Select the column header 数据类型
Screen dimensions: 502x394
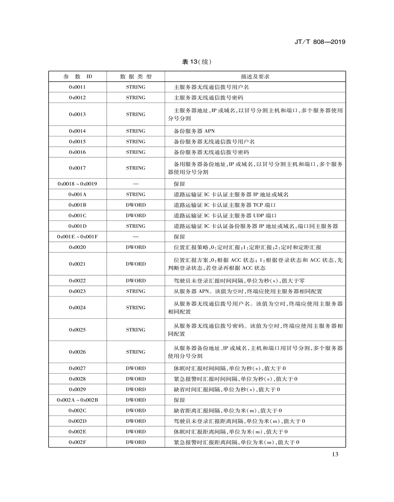[x=135, y=77]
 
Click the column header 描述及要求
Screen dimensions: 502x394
[x=255, y=77]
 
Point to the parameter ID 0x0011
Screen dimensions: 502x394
[x=77, y=87]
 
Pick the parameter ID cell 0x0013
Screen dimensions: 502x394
[x=77, y=114]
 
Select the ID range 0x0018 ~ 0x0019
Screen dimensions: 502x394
[x=77, y=184]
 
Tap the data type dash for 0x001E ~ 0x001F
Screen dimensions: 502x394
[x=135, y=237]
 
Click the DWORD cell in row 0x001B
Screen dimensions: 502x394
[x=135, y=205]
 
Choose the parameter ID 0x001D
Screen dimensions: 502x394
[x=77, y=226]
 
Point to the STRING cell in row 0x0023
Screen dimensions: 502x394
[x=135, y=291]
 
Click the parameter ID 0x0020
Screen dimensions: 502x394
[x=77, y=247]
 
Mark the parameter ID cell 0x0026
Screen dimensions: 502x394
[x=77, y=352]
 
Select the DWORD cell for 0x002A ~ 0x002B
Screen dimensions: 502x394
[x=135, y=400]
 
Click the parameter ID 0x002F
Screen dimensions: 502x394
[x=77, y=442]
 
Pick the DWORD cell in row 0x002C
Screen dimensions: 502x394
[x=135, y=410]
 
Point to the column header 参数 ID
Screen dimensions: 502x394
[x=77, y=77]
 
